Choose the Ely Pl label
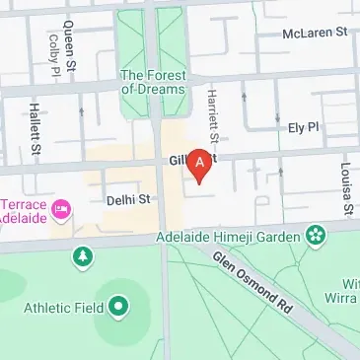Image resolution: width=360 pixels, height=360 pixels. click(x=306, y=127)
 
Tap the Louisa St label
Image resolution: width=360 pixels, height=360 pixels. click(x=347, y=188)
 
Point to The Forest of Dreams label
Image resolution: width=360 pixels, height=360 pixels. click(x=152, y=81)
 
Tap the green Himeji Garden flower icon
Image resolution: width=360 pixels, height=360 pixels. click(x=315, y=236)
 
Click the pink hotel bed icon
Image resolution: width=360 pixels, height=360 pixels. click(x=62, y=207)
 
